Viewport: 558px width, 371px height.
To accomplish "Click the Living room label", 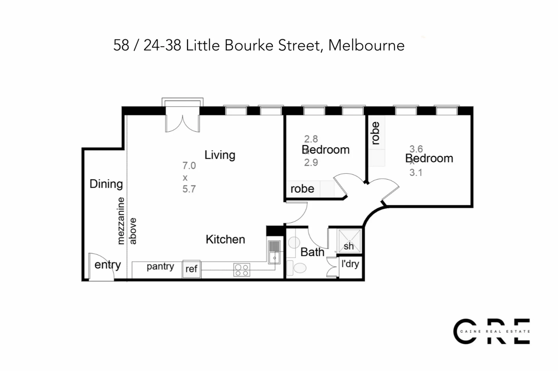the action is [x=220, y=155].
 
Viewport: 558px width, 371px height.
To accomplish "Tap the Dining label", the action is [x=106, y=184].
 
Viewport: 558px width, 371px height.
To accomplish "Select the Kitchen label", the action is [x=225, y=239].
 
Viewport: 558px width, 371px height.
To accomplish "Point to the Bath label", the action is [x=312, y=252].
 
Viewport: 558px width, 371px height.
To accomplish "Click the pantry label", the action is [x=160, y=266].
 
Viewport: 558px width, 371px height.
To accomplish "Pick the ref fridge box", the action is [x=192, y=269].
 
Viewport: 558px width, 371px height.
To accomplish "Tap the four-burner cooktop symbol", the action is [x=242, y=270].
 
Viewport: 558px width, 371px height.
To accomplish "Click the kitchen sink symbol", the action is [x=274, y=252].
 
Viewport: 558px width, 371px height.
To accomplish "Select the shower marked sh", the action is [x=349, y=241].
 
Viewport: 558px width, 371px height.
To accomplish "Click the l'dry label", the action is [x=350, y=264].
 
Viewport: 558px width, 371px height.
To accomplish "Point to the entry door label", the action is [x=108, y=265].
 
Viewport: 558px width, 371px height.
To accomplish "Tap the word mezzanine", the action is [x=121, y=221].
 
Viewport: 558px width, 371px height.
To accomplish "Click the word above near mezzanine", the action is [x=133, y=231].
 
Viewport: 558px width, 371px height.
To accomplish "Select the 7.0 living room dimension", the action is [x=189, y=166].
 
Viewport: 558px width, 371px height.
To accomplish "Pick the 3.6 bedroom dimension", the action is [x=416, y=149].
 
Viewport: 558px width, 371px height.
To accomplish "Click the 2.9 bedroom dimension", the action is [x=311, y=162].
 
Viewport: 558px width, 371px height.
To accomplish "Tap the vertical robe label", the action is [x=375, y=133].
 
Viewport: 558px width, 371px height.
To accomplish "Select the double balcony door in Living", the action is [x=183, y=124].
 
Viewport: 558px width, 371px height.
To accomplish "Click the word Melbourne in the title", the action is [x=366, y=46].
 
